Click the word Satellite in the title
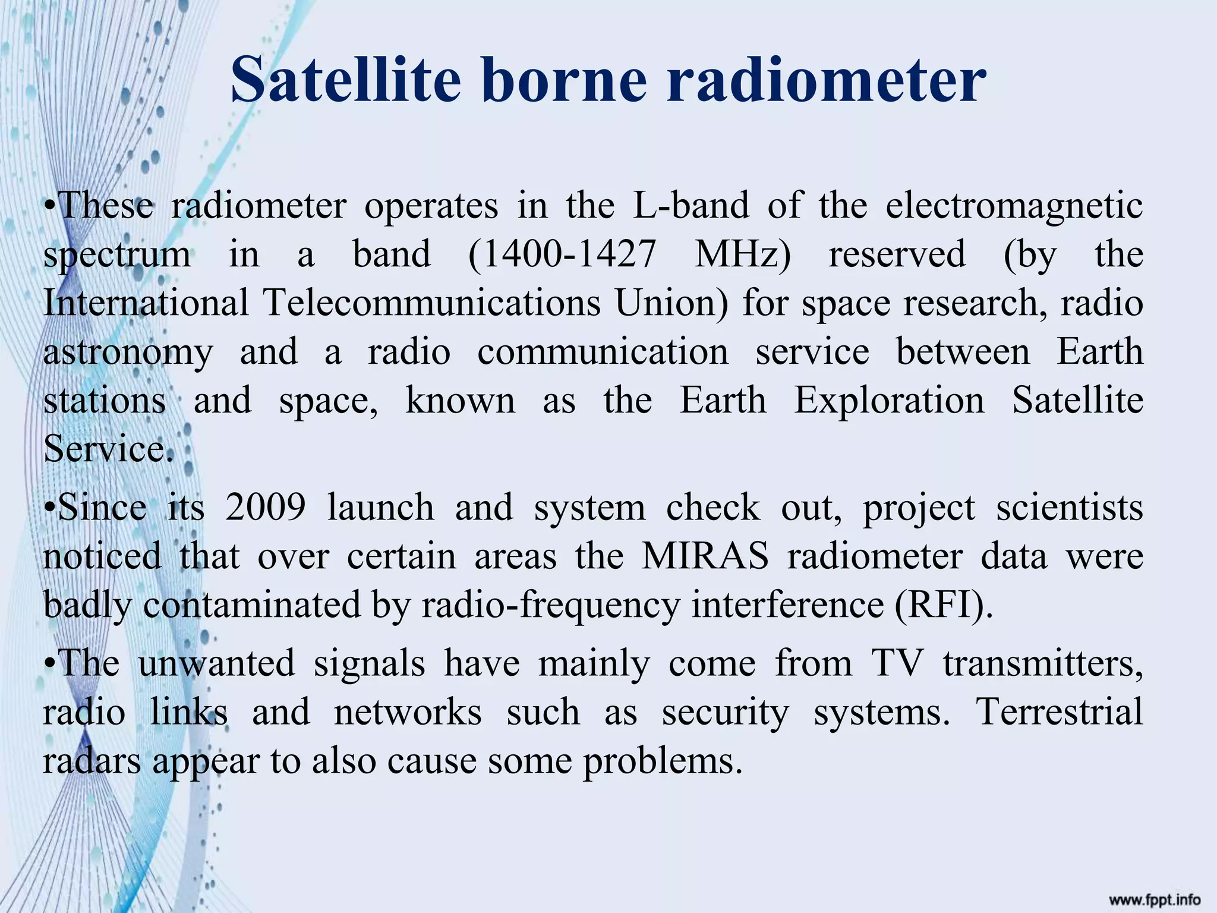[345, 80]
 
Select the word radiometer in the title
[827, 80]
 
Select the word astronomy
[128, 352]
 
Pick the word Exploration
[890, 401]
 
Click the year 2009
[266, 508]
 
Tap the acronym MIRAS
[705, 557]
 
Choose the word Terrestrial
[1060, 712]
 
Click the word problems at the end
[662, 761]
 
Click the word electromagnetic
[1014, 206]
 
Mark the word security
[726, 712]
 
